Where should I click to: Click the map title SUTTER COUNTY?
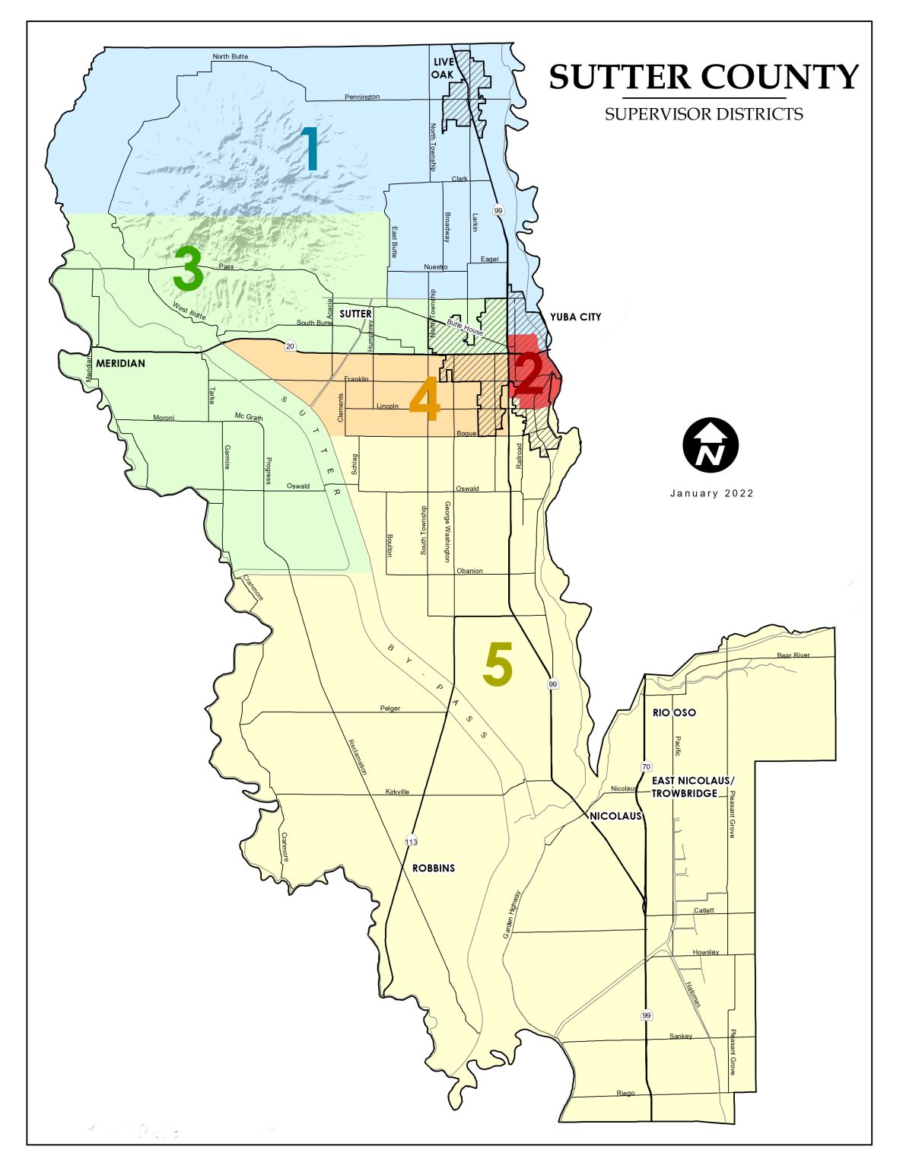pos(704,77)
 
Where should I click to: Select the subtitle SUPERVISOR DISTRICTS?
pos(704,114)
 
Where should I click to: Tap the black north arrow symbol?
pos(711,444)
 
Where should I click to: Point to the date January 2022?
pos(711,493)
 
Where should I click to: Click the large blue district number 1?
pos(310,148)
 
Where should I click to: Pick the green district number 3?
pos(188,270)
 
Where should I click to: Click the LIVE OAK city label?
pos(443,68)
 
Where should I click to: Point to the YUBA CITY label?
pos(575,317)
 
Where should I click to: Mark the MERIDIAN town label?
pos(120,363)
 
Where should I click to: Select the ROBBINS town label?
pos(434,868)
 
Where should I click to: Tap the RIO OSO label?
pos(674,712)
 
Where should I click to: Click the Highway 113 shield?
pos(412,842)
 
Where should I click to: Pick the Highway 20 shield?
pos(290,346)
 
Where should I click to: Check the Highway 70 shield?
pos(646,766)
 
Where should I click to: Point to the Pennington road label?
pos(361,97)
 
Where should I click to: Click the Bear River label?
pos(793,655)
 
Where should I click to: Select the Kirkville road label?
pos(397,792)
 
